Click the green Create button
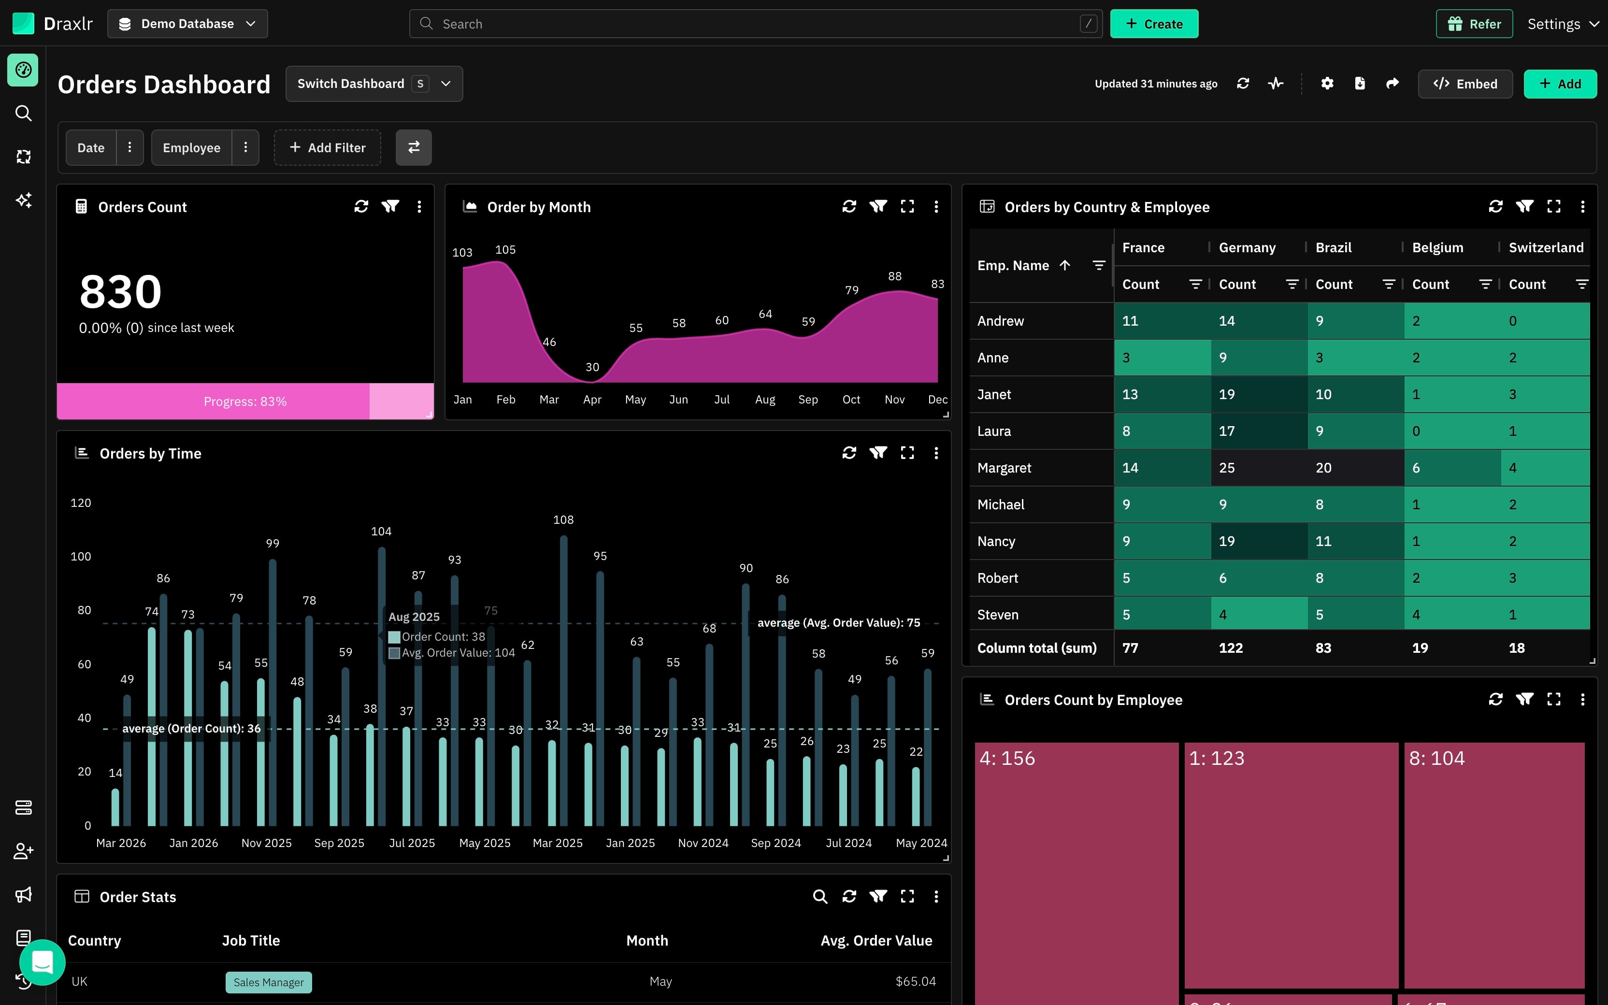click(x=1154, y=24)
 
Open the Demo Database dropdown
click(x=187, y=24)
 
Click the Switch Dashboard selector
click(x=374, y=84)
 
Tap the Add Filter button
click(x=328, y=147)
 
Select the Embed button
click(x=1465, y=84)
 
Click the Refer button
click(x=1475, y=24)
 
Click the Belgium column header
click(x=1438, y=247)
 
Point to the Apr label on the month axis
click(x=592, y=400)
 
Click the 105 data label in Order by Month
click(x=506, y=250)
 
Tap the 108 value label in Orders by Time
click(x=563, y=520)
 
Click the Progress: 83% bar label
click(x=245, y=402)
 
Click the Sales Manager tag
click(x=269, y=982)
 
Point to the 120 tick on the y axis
click(x=80, y=503)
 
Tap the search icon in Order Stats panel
click(x=820, y=897)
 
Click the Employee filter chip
click(x=191, y=147)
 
